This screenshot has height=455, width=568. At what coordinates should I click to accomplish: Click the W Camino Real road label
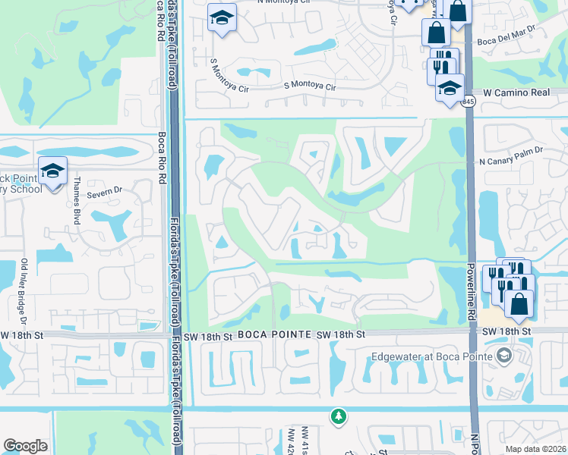[516, 92]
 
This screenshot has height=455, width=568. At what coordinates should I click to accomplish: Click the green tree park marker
[338, 416]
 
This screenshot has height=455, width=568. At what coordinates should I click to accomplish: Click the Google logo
[26, 446]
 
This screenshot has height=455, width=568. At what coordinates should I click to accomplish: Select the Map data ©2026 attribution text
[535, 449]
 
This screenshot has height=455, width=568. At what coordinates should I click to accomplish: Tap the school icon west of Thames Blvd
[53, 171]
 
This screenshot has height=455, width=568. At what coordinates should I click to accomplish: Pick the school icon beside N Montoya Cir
[222, 18]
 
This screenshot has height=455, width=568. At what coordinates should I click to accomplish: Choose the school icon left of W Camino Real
[450, 87]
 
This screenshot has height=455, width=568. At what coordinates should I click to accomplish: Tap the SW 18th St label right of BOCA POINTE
[340, 334]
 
